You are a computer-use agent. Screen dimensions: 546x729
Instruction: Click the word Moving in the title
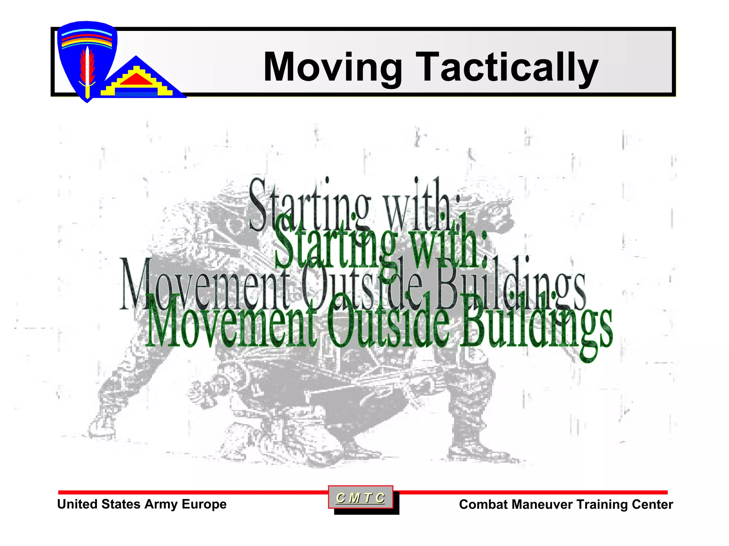click(x=333, y=68)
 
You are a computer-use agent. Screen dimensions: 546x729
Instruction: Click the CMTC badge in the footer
click(x=360, y=498)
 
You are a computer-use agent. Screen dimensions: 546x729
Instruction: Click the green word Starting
click(x=335, y=245)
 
